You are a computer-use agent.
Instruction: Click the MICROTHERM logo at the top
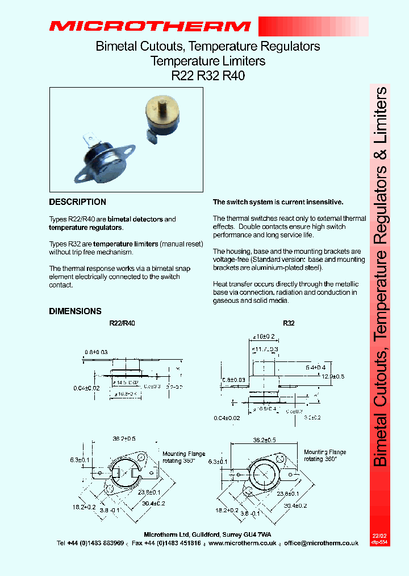[x=149, y=26]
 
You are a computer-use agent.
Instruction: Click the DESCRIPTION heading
[x=77, y=202]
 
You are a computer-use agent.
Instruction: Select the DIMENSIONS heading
[x=75, y=311]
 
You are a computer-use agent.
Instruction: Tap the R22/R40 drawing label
[x=122, y=323]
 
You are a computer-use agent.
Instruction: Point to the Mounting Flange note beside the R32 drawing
[x=325, y=455]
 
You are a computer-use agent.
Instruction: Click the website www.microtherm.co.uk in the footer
[x=243, y=544]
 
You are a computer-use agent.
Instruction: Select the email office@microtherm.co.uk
[x=322, y=544]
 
